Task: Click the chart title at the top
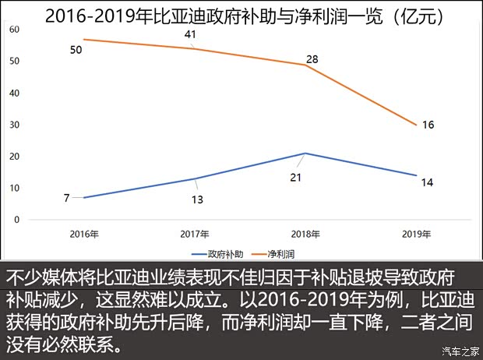click(x=241, y=14)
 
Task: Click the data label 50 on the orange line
click(x=76, y=50)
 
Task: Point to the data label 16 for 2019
click(x=428, y=125)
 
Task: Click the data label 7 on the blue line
click(x=67, y=198)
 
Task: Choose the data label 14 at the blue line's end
click(x=428, y=182)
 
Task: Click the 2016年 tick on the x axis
click(x=83, y=234)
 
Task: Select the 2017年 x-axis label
click(x=195, y=234)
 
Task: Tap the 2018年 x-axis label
click(x=306, y=234)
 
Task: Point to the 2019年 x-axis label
click(x=418, y=234)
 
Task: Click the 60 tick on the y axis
click(x=15, y=29)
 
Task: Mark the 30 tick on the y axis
click(x=15, y=125)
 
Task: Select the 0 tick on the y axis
click(x=17, y=220)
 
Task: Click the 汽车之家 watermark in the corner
click(x=458, y=349)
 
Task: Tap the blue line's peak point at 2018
click(x=306, y=153)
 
